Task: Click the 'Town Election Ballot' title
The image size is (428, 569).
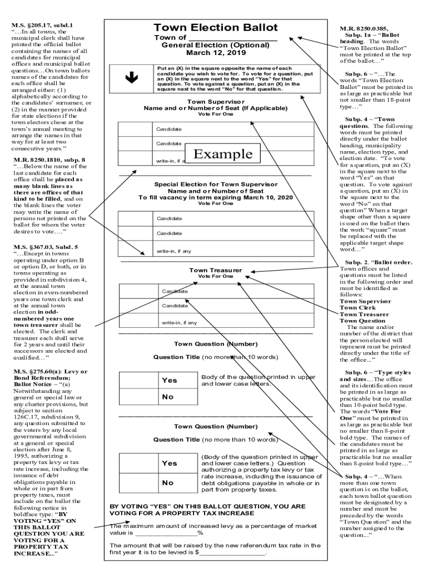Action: [x=215, y=28]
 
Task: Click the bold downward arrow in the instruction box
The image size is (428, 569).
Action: [x=132, y=79]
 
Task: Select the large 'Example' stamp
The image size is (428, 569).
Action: [x=222, y=154]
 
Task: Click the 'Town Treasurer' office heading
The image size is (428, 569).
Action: [x=215, y=270]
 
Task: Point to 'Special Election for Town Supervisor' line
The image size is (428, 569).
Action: [x=215, y=184]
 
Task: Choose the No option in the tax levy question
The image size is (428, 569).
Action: [x=168, y=483]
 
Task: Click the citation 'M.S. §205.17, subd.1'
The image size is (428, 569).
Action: [x=42, y=25]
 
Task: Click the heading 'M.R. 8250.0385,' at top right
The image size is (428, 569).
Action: [x=364, y=27]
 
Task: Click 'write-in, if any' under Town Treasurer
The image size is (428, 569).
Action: [x=180, y=322]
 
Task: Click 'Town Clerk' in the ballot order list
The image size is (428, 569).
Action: [x=357, y=308]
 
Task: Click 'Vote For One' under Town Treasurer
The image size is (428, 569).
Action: [x=215, y=276]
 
